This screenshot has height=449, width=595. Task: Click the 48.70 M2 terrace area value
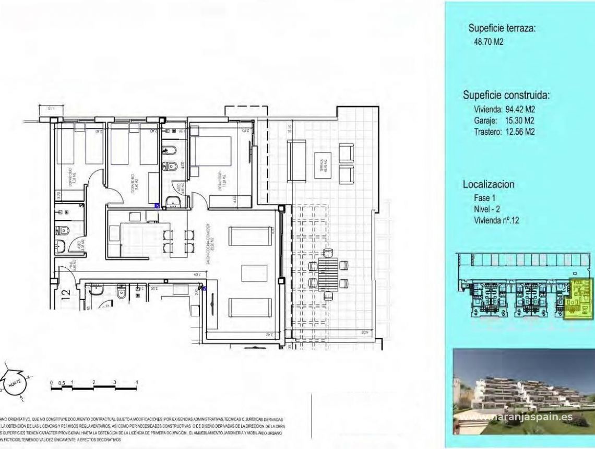488,42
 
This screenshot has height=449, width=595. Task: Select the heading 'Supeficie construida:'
506,96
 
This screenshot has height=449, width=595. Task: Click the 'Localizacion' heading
489,184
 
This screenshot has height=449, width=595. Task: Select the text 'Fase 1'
482,198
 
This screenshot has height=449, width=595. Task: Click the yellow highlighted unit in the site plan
579,298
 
